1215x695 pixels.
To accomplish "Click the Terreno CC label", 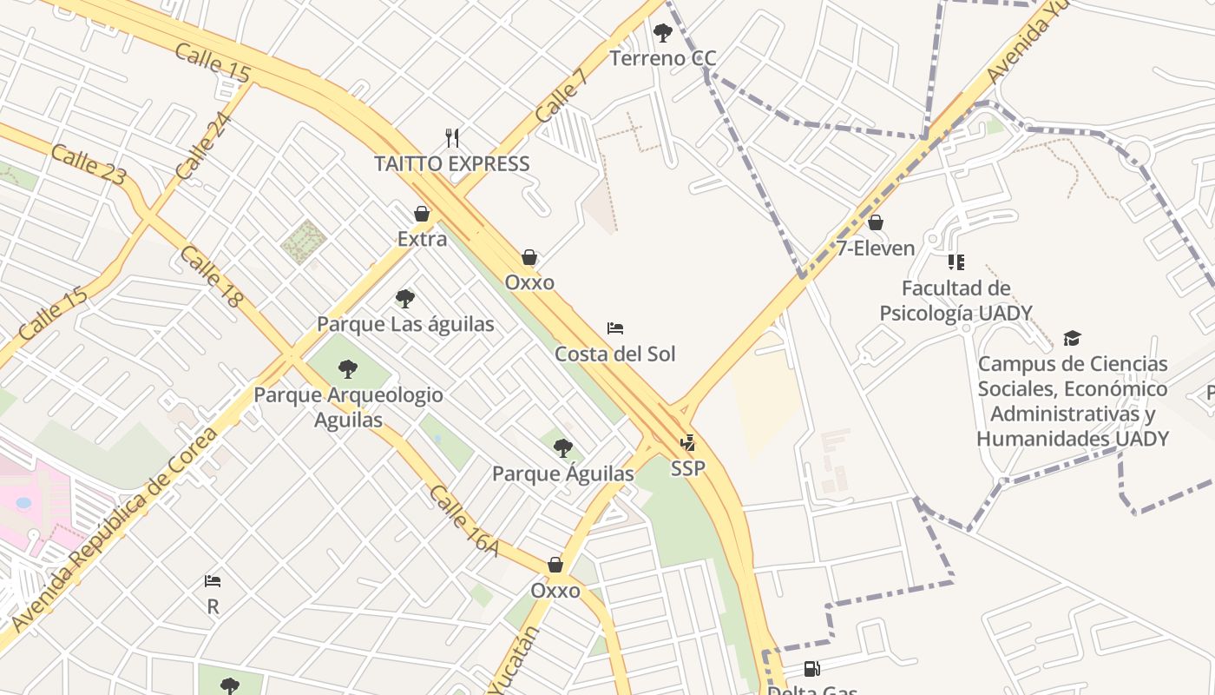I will click(x=663, y=58).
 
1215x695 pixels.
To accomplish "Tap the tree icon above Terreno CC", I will click(x=663, y=34).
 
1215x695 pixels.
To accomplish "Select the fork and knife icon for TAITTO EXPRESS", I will click(x=451, y=137).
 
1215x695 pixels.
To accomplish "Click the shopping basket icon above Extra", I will click(x=422, y=214).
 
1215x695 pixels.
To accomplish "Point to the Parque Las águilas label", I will click(x=405, y=324).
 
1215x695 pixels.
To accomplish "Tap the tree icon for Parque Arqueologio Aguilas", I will click(x=348, y=369).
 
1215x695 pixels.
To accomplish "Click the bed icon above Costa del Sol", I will click(x=615, y=328).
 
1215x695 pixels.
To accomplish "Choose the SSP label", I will click(x=688, y=468).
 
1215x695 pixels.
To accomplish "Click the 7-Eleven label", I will click(x=876, y=248).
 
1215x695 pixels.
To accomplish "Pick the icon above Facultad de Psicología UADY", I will click(x=956, y=261).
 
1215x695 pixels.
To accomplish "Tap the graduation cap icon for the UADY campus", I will click(x=1073, y=338).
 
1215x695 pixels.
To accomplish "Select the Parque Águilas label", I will click(x=563, y=474).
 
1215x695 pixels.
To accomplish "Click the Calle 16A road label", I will click(x=464, y=520).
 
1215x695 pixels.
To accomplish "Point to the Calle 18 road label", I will click(x=212, y=276).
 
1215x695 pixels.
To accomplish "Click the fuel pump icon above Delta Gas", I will click(x=811, y=668).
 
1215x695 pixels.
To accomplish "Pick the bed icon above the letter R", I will click(x=213, y=580).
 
